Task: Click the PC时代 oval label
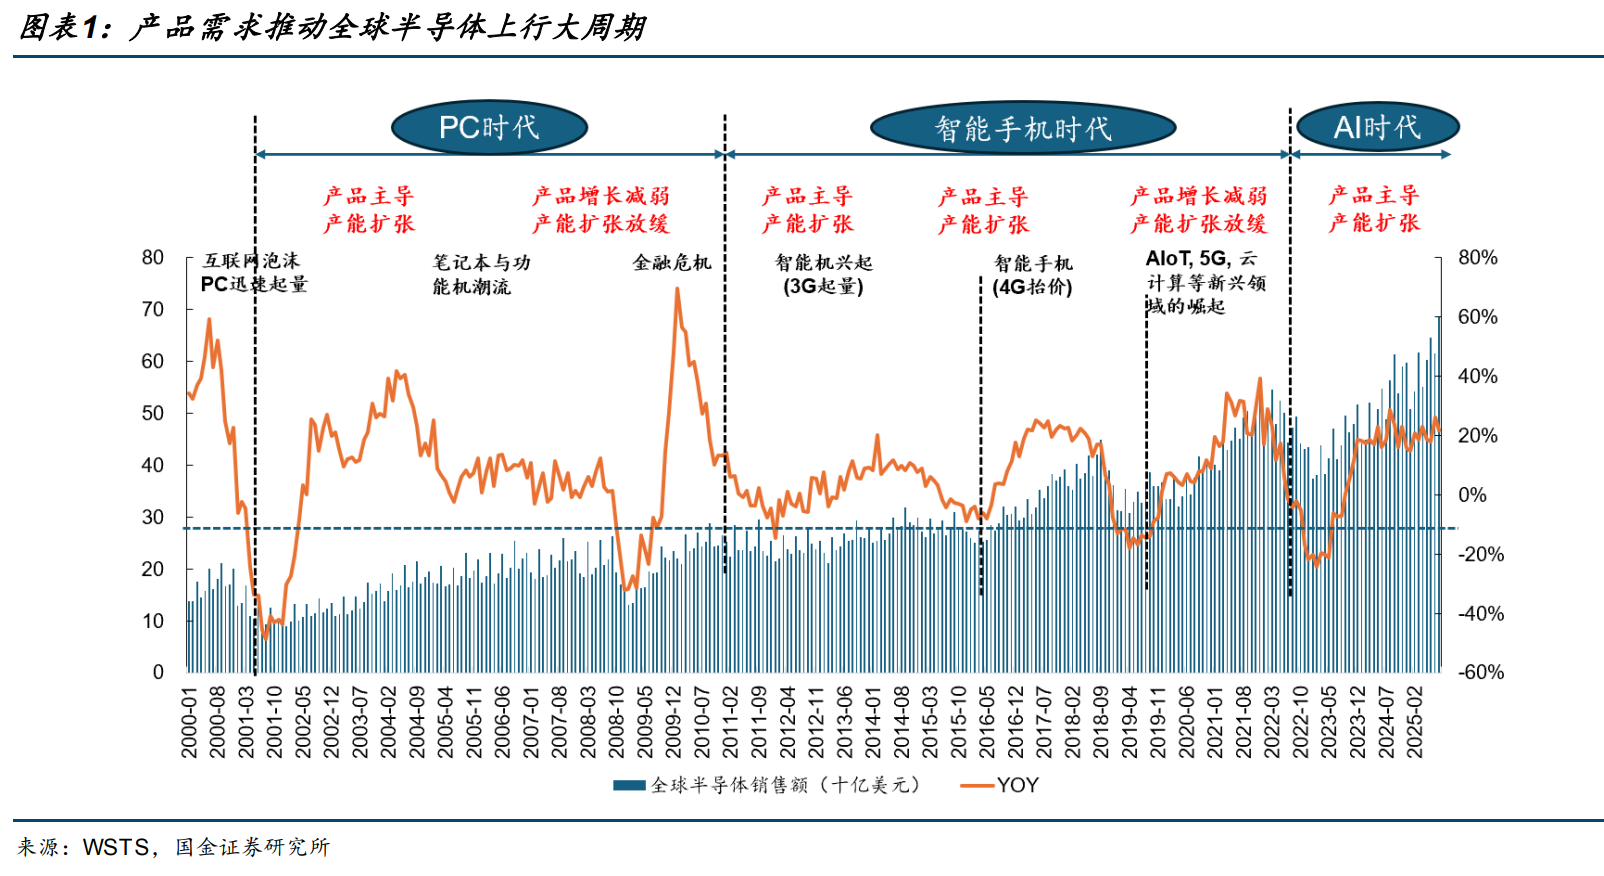coord(489,128)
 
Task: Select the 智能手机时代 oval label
coord(1022,129)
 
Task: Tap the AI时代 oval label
coord(1377,128)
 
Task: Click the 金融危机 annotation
coord(672,263)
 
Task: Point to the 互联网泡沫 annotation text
coord(252,261)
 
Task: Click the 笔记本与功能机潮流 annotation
coord(481,275)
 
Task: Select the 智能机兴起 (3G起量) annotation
coord(823,275)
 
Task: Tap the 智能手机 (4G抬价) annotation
coord(1032,275)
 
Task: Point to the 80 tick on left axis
coord(153,258)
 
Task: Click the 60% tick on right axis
coord(1477,317)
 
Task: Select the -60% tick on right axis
coord(1480,672)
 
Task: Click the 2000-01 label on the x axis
coord(190,722)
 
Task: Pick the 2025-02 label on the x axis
coord(1415,722)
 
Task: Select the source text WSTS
coord(115,847)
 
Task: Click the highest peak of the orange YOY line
coord(677,289)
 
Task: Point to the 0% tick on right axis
coord(1472,495)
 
